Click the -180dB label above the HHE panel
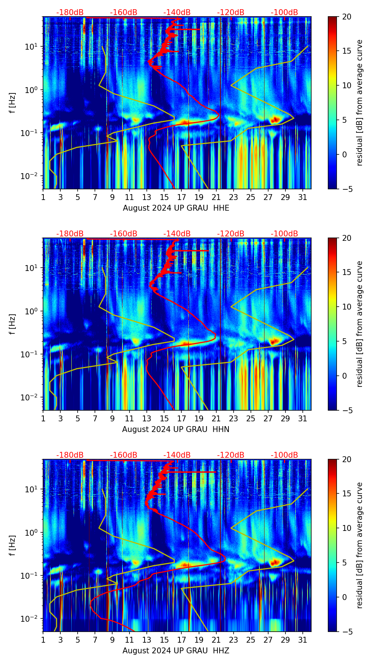70,13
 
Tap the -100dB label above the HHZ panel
284,455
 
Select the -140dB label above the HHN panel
177,234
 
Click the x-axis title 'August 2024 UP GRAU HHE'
176,208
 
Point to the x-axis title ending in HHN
176,429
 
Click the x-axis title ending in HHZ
176,651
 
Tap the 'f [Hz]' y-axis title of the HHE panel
13,103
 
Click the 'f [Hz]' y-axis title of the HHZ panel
13,546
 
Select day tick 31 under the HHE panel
303,197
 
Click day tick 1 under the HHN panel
43,418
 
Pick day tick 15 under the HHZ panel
164,640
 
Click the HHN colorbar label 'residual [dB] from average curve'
359,324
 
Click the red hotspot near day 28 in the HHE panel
275,119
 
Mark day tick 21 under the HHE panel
216,197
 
